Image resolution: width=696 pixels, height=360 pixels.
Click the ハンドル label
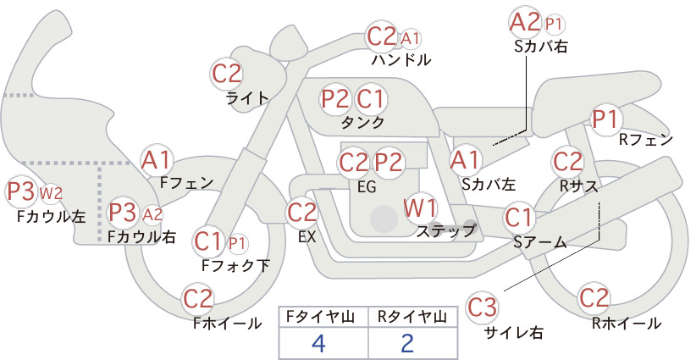click(x=401, y=59)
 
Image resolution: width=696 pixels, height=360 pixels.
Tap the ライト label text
click(x=247, y=98)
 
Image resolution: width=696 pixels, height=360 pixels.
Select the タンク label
click(x=362, y=123)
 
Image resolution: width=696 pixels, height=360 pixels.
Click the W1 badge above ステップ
click(x=420, y=208)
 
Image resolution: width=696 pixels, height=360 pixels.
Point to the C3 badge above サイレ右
click(x=482, y=307)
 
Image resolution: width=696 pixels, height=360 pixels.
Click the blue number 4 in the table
click(x=318, y=343)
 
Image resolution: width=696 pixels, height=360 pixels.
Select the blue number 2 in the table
click(x=406, y=343)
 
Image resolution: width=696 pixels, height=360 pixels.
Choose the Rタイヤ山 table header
click(x=412, y=317)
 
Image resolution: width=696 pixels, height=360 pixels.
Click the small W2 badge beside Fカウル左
click(x=51, y=193)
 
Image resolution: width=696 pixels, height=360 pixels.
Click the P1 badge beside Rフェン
click(x=605, y=119)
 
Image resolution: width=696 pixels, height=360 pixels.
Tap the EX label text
click(x=307, y=237)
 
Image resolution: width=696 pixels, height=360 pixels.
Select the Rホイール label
click(x=627, y=324)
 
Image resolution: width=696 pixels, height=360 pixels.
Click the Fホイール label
click(x=227, y=324)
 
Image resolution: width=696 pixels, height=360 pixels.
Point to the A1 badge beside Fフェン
click(x=156, y=160)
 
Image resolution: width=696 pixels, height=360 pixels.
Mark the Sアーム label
click(x=540, y=242)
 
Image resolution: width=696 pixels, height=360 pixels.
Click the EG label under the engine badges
click(x=367, y=187)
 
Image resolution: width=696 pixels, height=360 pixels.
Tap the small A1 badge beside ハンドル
click(x=410, y=39)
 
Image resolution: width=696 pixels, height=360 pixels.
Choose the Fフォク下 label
click(x=235, y=265)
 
